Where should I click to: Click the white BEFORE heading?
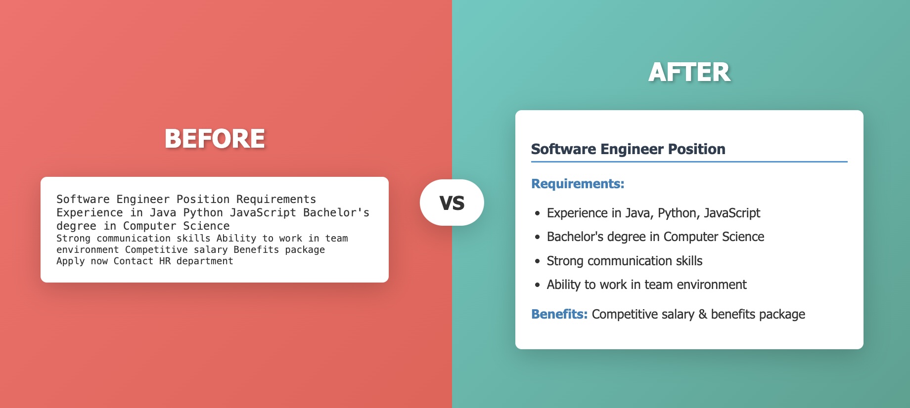pos(215,139)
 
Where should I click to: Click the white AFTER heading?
pos(689,73)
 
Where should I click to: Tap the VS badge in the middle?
pos(452,203)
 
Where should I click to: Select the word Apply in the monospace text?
pos(70,261)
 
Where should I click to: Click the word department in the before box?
pos(205,261)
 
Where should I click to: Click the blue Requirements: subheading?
pos(577,184)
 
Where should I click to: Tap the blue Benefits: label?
pos(559,314)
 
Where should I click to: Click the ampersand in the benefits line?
pos(702,314)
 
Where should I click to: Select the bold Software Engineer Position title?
pos(628,149)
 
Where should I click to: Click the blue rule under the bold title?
pos(689,162)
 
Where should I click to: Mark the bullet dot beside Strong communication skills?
pos(537,261)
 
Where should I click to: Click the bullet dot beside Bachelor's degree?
pos(537,238)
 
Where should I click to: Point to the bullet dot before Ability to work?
pos(537,285)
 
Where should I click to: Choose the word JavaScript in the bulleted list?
pos(731,213)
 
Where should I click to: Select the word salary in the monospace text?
pos(211,250)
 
